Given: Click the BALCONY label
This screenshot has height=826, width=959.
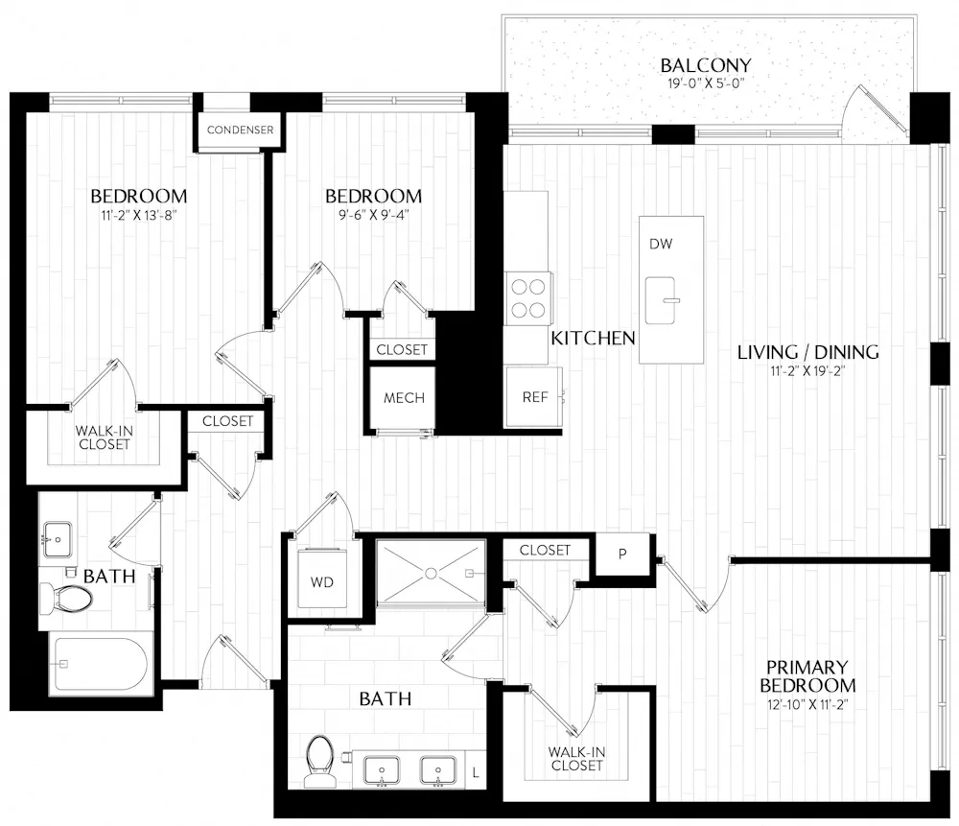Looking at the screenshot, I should (x=706, y=65).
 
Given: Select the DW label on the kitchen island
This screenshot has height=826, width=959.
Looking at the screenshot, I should (x=660, y=244).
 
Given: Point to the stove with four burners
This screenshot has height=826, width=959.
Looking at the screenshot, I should (x=527, y=297).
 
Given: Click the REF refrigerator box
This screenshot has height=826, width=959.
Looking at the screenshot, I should (x=534, y=396).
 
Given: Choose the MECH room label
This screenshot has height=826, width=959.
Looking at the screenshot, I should (x=404, y=398).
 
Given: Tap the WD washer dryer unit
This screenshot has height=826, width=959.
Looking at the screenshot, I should (x=321, y=581).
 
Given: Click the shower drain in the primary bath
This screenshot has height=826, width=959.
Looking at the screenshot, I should (x=432, y=573).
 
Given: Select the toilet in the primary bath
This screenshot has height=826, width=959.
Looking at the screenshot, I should (x=318, y=758).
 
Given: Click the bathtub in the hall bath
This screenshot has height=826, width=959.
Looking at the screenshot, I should (x=99, y=666).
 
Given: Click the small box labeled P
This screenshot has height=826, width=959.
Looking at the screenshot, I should (x=621, y=555).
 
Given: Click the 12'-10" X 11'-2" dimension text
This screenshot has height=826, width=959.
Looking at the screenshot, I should (x=807, y=704).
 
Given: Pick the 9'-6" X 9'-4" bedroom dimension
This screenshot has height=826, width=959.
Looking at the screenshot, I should (x=373, y=215).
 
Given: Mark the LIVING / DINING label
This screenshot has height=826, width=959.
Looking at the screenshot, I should (x=807, y=352).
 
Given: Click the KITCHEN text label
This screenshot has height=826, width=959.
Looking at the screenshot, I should (x=593, y=338).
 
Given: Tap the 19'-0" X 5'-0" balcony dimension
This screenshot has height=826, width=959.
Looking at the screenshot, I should (x=705, y=83).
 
